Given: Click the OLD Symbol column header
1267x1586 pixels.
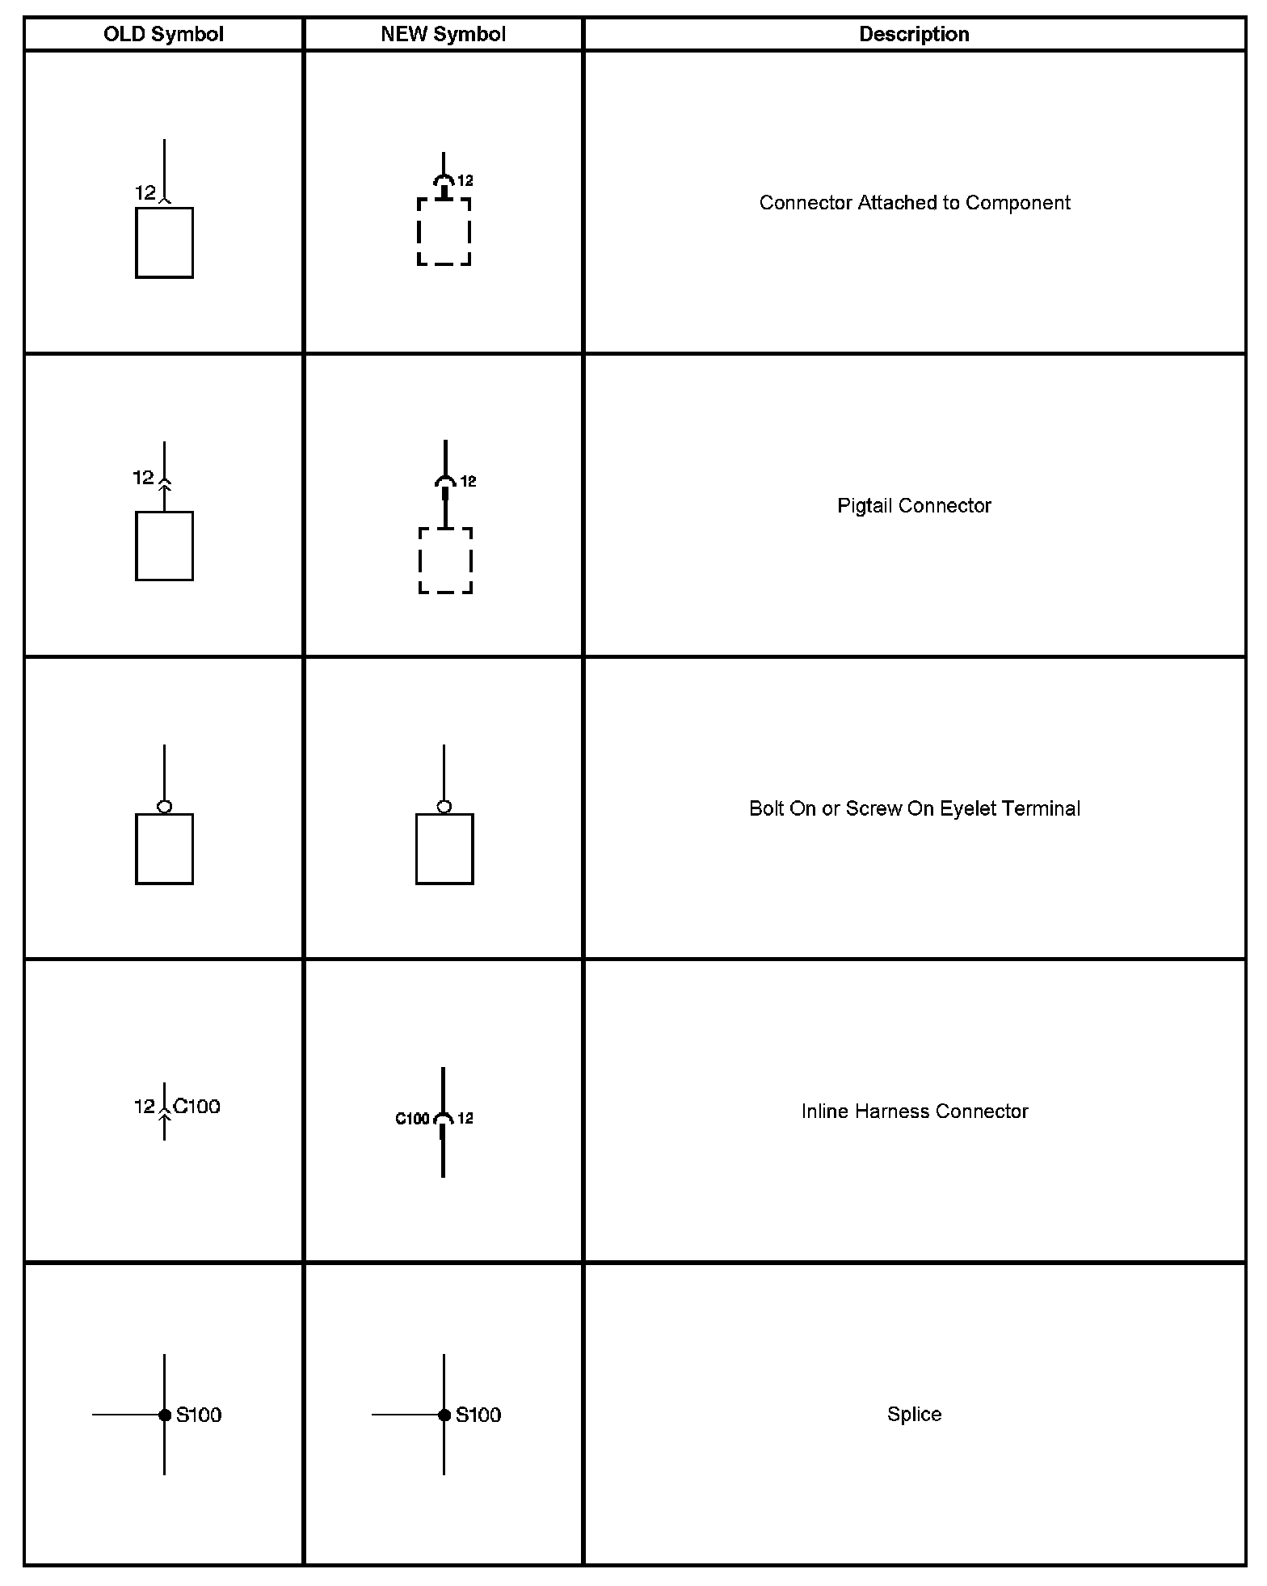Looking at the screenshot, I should tap(163, 34).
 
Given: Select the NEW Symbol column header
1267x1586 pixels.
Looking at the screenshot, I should tap(443, 34).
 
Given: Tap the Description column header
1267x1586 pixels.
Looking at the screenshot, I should tap(914, 34).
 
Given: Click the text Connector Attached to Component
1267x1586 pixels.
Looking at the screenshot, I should tap(914, 203).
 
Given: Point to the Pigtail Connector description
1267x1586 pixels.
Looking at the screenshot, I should tap(914, 506).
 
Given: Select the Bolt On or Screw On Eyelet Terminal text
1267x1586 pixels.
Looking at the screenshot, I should tap(914, 808).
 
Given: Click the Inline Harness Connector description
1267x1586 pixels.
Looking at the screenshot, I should tap(914, 1111).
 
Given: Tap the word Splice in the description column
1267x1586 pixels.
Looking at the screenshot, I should tap(914, 1414).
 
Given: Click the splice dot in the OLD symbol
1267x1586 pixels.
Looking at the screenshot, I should tap(165, 1415).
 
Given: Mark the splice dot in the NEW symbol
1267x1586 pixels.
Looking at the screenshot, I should tap(444, 1415).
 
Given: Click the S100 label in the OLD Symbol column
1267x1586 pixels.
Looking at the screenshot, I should tap(199, 1415).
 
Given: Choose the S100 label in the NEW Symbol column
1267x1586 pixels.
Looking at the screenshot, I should tap(478, 1415).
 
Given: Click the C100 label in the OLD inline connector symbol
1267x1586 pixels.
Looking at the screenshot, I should tap(197, 1106).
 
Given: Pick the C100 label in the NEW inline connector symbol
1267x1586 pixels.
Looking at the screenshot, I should tap(412, 1119).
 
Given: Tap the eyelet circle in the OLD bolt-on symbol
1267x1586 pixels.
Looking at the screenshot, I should tap(165, 807).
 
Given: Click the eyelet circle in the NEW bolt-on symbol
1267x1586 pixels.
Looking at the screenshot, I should tap(444, 807).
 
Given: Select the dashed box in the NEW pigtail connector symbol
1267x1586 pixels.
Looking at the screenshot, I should tap(445, 560).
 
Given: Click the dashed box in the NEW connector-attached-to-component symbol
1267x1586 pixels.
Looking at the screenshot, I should tap(444, 232).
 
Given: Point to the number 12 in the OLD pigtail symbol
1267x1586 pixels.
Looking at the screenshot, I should tap(143, 478).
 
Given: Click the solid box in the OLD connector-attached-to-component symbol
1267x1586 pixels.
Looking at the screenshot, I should tap(164, 243).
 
